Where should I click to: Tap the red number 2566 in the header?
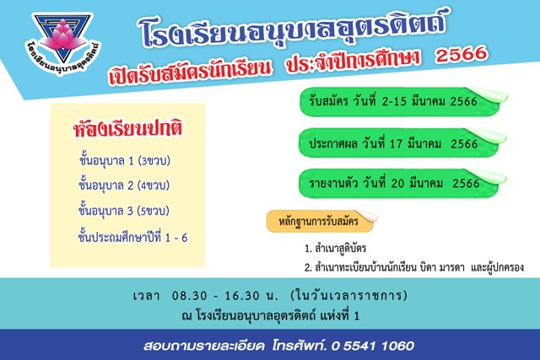462,54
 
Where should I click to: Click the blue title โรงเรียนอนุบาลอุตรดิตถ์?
294,29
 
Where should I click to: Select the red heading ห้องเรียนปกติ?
127,128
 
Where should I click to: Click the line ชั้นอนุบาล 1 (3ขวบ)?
125,160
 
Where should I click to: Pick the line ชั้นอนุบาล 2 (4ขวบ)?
124,185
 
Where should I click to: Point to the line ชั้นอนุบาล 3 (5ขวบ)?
124,210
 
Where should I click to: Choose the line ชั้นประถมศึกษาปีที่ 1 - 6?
132,236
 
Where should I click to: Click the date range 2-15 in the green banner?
394,101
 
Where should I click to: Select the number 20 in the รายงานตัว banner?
397,183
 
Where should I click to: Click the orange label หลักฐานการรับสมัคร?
319,221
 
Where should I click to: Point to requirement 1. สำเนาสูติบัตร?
335,248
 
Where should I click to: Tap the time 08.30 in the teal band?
190,296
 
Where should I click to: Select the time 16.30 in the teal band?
242,296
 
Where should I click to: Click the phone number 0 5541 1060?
372,346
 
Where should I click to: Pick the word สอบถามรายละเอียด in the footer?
204,346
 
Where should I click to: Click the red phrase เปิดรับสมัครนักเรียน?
189,71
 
